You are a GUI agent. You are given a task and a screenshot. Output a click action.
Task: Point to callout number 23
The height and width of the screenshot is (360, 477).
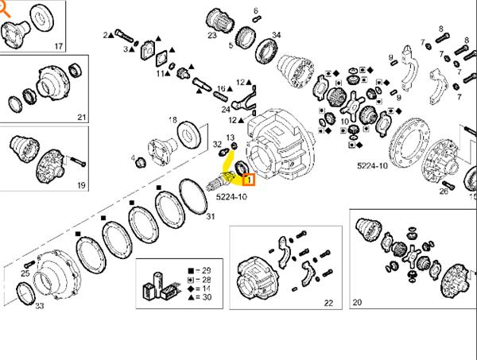pyautogui.click(x=211, y=36)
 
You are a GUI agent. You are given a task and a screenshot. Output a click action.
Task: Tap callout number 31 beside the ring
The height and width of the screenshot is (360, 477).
pyautogui.click(x=210, y=216)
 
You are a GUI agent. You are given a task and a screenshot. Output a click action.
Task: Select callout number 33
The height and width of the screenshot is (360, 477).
pyautogui.click(x=40, y=305)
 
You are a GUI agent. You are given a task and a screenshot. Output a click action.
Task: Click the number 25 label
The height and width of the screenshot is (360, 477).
pyautogui.click(x=25, y=274)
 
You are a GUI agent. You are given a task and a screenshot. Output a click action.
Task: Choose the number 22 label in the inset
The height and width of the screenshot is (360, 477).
pyautogui.click(x=328, y=302)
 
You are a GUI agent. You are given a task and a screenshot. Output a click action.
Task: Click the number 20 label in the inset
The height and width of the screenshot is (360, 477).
pyautogui.click(x=357, y=302)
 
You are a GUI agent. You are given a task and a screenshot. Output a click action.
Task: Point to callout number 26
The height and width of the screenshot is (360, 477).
pyautogui.click(x=444, y=191)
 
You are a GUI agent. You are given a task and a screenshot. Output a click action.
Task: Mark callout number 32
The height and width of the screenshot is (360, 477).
pyautogui.click(x=217, y=143)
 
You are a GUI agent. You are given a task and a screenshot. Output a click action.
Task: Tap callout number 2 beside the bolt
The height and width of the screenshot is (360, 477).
pyautogui.click(x=106, y=35)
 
